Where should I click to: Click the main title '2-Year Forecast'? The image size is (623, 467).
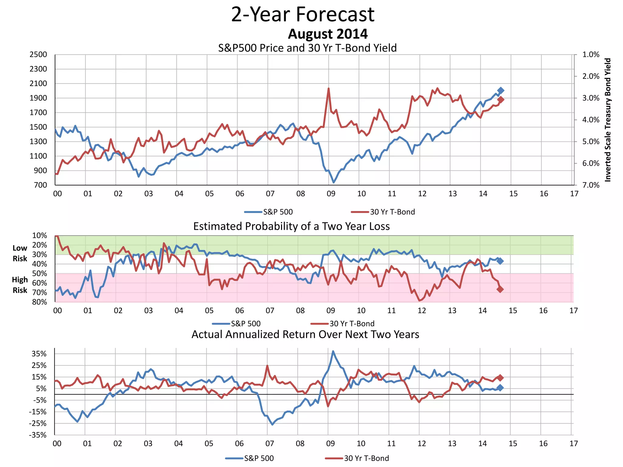click(x=303, y=14)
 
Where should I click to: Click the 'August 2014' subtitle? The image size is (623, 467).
click(x=328, y=34)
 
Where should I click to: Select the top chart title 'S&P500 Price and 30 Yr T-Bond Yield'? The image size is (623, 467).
click(x=307, y=48)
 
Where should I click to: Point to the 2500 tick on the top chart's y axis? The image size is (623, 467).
click(x=38, y=55)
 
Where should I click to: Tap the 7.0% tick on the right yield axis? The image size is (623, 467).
click(x=591, y=185)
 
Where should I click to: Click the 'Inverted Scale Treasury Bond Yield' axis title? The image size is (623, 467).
click(x=607, y=120)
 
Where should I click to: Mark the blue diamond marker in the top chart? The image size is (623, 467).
click(x=501, y=90)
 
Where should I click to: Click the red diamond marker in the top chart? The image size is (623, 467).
click(x=500, y=100)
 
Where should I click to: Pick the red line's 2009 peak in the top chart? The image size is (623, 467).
click(x=329, y=88)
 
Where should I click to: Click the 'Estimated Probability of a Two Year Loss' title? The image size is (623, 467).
click(x=291, y=227)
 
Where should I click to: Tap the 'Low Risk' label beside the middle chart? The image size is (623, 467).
click(x=20, y=253)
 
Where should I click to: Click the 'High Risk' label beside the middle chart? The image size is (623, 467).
click(x=20, y=285)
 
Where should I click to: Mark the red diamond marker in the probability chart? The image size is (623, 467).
click(x=500, y=289)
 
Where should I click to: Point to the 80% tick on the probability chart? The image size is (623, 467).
click(x=40, y=302)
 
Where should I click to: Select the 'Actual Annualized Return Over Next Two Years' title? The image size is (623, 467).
click(x=305, y=334)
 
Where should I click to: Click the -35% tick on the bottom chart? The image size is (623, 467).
click(x=38, y=435)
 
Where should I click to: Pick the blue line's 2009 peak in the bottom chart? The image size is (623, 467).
click(x=333, y=351)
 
